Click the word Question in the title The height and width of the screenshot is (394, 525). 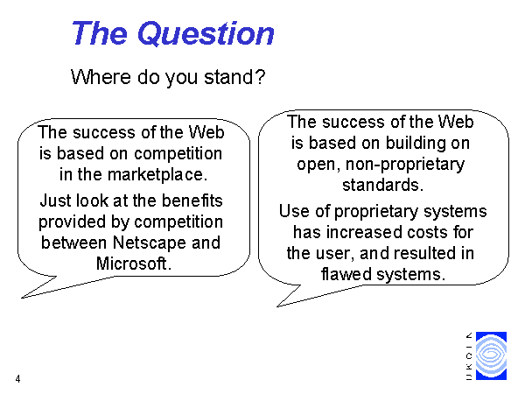click(206, 33)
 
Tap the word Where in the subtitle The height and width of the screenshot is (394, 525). click(101, 77)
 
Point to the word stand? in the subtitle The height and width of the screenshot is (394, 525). click(234, 77)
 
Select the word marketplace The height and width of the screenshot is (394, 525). click(157, 174)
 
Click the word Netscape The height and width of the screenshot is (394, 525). click(150, 243)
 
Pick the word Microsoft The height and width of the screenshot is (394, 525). click(134, 264)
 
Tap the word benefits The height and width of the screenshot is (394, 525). click(192, 201)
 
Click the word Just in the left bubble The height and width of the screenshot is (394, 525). click(55, 201)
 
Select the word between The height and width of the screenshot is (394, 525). click(73, 243)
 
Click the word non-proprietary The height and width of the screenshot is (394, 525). click(405, 165)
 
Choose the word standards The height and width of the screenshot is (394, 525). click(382, 185)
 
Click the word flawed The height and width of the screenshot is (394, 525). click(346, 274)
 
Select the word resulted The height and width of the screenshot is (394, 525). click(423, 253)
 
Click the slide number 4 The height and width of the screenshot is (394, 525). click(17, 379)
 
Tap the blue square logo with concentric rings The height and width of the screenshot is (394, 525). click(491, 355)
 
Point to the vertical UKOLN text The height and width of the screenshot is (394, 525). click(469, 355)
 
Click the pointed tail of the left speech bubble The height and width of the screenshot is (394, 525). click(22, 298)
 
